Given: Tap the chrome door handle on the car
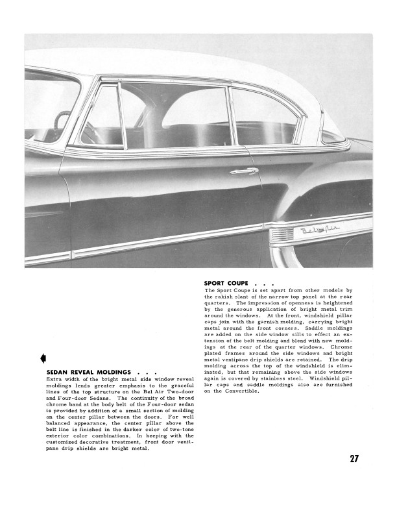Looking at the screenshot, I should click(243, 171).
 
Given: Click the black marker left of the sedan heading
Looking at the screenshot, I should click(42, 356).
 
